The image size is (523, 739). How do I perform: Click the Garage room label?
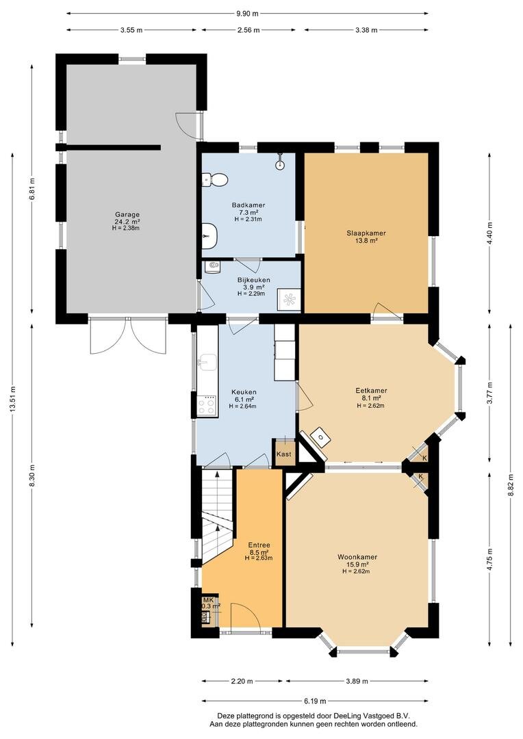pos(127,214)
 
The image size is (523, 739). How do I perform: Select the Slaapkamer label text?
pos(366,233)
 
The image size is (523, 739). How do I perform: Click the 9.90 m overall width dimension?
pos(248,13)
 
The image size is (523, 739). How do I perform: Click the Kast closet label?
pos(283,454)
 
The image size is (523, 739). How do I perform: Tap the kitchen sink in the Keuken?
pos(207,363)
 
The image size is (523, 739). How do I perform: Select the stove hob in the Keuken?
pos(207,406)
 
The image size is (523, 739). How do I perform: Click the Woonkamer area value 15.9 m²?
pos(357,564)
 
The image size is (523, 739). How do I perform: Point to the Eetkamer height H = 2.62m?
pos(370,405)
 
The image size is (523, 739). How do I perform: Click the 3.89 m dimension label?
pos(357,681)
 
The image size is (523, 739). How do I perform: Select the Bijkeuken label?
pos(253,280)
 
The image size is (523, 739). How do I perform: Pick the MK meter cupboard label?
pos(208,600)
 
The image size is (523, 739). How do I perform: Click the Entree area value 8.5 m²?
pos(259,552)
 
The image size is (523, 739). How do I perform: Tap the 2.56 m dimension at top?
pos(248,30)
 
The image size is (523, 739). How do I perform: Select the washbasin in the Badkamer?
pos(209,234)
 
